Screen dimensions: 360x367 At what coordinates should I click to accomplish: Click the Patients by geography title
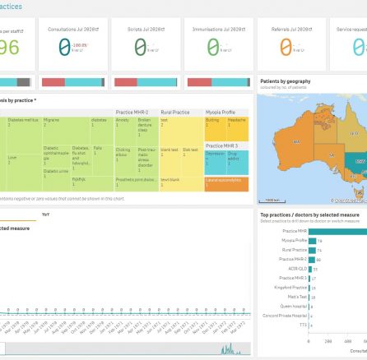point(283,82)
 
